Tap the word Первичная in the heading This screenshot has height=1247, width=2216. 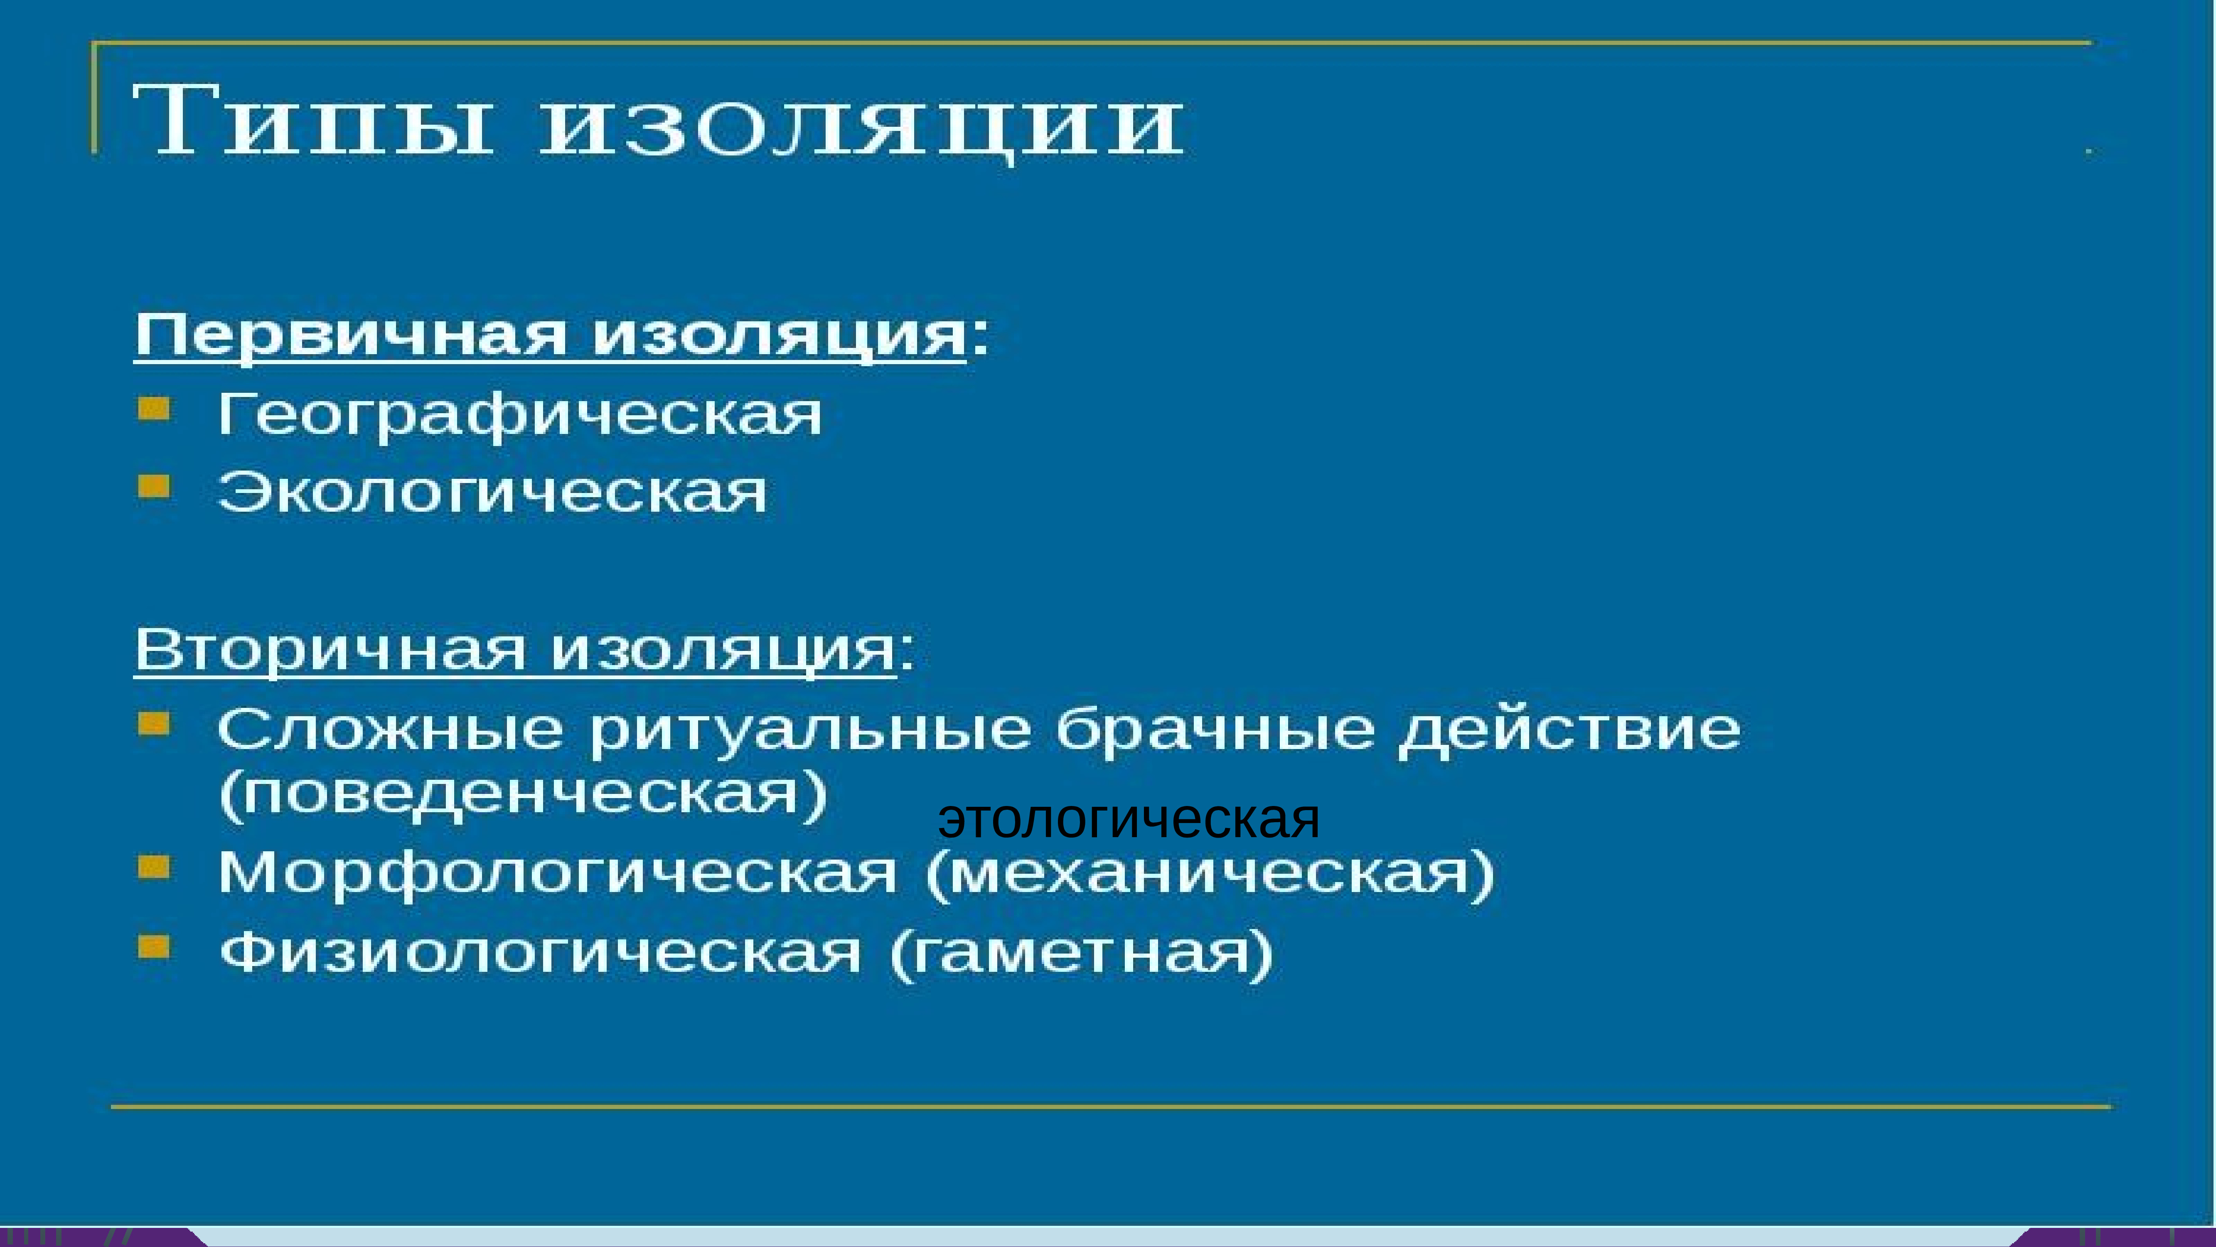(351, 335)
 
